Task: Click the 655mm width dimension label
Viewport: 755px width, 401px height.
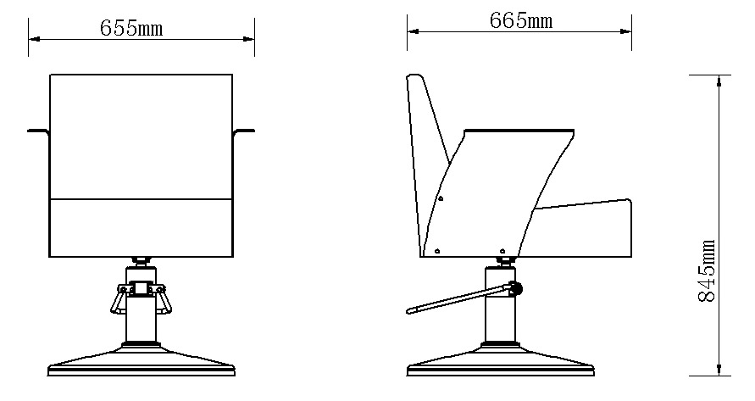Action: pos(131,27)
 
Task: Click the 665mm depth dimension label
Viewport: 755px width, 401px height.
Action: pos(520,21)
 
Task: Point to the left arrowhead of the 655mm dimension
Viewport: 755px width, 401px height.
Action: pos(33,38)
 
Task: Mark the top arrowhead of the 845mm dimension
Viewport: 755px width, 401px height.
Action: pos(719,80)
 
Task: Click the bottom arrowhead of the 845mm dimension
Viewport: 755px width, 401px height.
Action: pos(719,370)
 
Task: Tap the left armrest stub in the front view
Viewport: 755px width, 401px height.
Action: pos(38,131)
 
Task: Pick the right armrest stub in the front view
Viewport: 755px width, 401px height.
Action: pos(245,131)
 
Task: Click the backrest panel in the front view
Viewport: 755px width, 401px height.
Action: pos(142,136)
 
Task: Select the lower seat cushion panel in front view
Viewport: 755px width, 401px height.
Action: pos(142,227)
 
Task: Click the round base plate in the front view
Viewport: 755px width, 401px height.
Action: pos(142,363)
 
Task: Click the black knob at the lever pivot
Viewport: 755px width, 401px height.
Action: pos(516,290)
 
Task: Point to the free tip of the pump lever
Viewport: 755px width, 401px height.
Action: pos(410,310)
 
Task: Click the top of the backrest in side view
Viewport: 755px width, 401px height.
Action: pos(415,78)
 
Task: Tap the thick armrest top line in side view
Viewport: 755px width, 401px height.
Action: pos(519,131)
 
